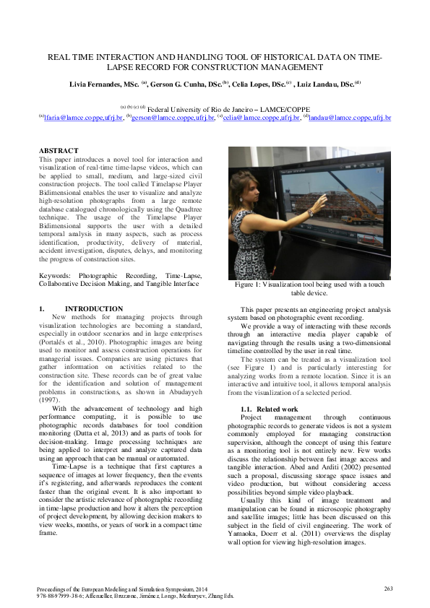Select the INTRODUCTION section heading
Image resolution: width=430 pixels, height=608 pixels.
pos(99,308)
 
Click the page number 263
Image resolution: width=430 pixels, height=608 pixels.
pos(387,589)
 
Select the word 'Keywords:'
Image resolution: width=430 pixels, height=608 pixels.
pos(54,275)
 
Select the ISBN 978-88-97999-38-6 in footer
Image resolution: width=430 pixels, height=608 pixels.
pos(68,596)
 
